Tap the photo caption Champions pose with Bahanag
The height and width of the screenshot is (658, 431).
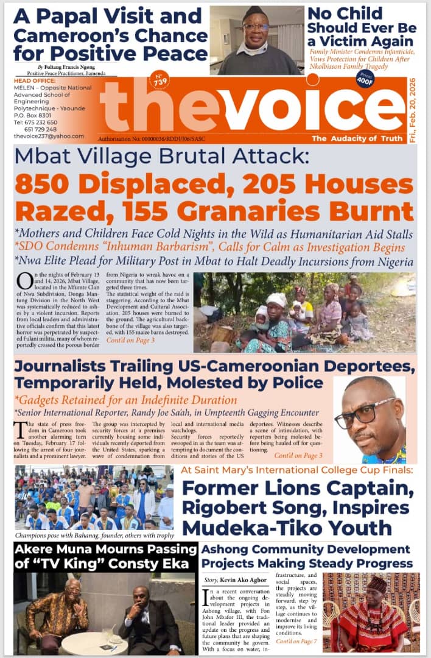91,536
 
